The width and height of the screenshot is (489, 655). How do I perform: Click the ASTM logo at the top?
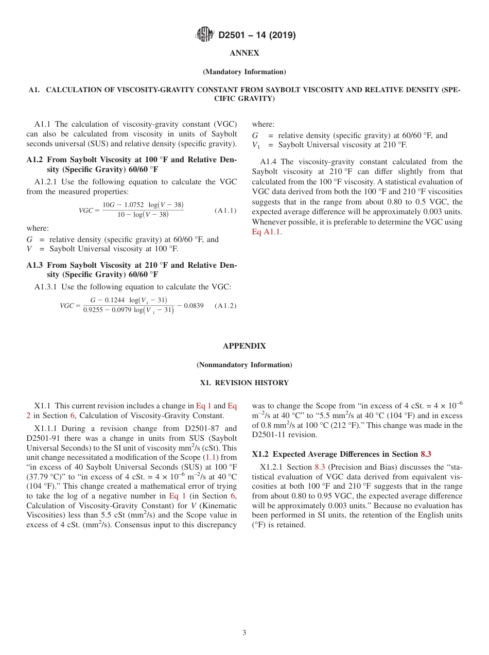(204, 35)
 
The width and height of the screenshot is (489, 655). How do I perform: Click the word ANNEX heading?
(244, 53)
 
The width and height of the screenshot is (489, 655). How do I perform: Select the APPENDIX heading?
(244, 346)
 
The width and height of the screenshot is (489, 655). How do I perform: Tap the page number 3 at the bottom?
(244, 633)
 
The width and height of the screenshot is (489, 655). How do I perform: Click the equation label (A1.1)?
(225, 211)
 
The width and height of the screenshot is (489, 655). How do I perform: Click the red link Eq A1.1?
(266, 232)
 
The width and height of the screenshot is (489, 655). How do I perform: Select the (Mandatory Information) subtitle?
(244, 72)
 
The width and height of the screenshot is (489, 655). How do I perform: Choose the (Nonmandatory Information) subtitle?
(244, 365)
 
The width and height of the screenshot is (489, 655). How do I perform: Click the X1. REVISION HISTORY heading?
(244, 383)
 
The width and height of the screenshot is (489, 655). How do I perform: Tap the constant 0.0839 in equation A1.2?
(194, 305)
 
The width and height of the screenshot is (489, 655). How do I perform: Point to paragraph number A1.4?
(270, 162)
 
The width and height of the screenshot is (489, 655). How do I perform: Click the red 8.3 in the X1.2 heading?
(426, 454)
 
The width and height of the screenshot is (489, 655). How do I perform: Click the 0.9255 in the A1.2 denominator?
(94, 311)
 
